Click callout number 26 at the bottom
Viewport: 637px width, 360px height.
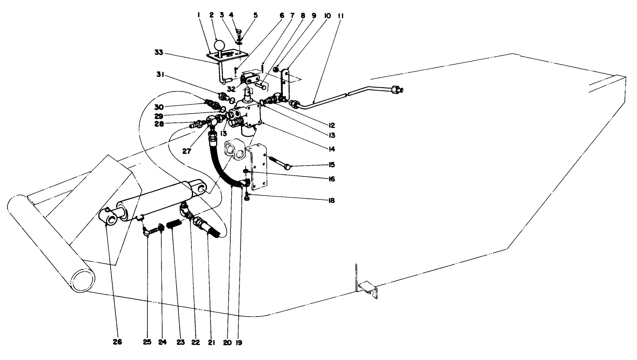[117, 342]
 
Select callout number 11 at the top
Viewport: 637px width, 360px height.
[341, 15]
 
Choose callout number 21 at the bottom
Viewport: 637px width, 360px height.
[211, 342]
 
